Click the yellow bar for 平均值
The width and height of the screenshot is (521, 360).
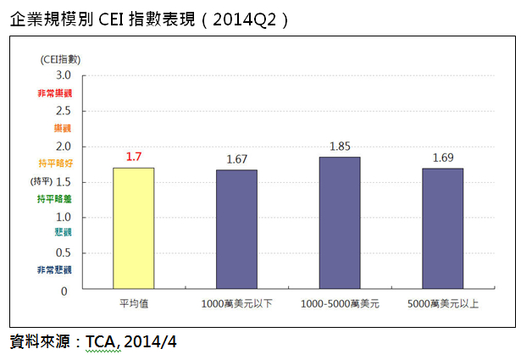tap(134, 229)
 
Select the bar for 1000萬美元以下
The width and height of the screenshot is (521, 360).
tap(237, 230)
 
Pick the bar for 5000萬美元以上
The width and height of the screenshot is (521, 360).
tap(442, 229)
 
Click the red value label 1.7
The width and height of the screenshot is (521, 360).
tap(134, 157)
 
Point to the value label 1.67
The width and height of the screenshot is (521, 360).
tap(237, 159)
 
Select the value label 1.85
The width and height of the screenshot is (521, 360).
tap(340, 147)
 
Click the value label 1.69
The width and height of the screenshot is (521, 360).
tap(442, 158)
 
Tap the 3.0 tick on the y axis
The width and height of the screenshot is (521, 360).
tap(64, 76)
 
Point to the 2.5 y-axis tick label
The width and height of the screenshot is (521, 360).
tap(64, 112)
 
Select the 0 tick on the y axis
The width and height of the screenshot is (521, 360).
tap(64, 291)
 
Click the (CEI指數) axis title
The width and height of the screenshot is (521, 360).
tap(59, 58)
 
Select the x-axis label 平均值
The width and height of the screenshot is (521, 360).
tap(134, 303)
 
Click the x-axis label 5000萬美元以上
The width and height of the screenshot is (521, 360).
tap(442, 303)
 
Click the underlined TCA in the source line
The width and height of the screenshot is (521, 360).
tap(103, 341)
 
